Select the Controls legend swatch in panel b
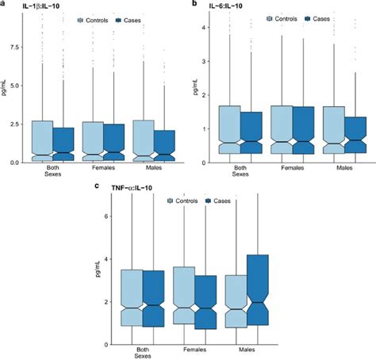(269, 17)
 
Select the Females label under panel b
(291, 168)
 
